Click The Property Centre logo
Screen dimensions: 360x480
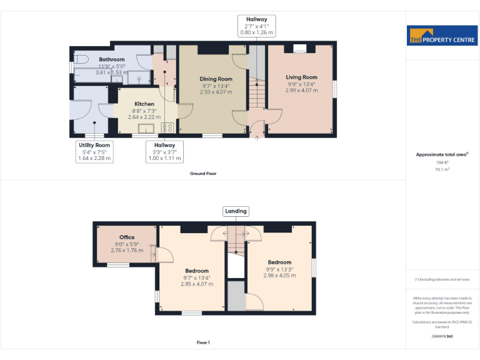pyautogui.click(x=442, y=36)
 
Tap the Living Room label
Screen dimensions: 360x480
pyautogui.click(x=302, y=77)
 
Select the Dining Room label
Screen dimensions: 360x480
pyautogui.click(x=216, y=79)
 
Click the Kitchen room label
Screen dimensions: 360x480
pyautogui.click(x=144, y=104)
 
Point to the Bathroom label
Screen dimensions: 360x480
pyautogui.click(x=112, y=59)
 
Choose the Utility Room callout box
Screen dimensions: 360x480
pyautogui.click(x=94, y=152)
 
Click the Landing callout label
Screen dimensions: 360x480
pyautogui.click(x=236, y=211)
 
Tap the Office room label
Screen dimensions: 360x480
pyautogui.click(x=127, y=237)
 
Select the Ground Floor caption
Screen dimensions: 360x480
pyautogui.click(x=203, y=173)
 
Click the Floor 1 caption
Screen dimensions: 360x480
pyautogui.click(x=203, y=342)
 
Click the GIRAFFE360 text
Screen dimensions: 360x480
pyautogui.click(x=442, y=336)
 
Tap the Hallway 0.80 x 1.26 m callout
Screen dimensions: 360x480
pyautogui.click(x=256, y=26)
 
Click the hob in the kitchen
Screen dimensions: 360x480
pyautogui.click(x=167, y=127)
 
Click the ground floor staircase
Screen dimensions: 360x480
pyautogui.click(x=256, y=94)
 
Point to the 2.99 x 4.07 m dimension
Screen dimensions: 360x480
pyautogui.click(x=302, y=91)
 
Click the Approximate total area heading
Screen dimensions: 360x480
pyautogui.click(x=442, y=154)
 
